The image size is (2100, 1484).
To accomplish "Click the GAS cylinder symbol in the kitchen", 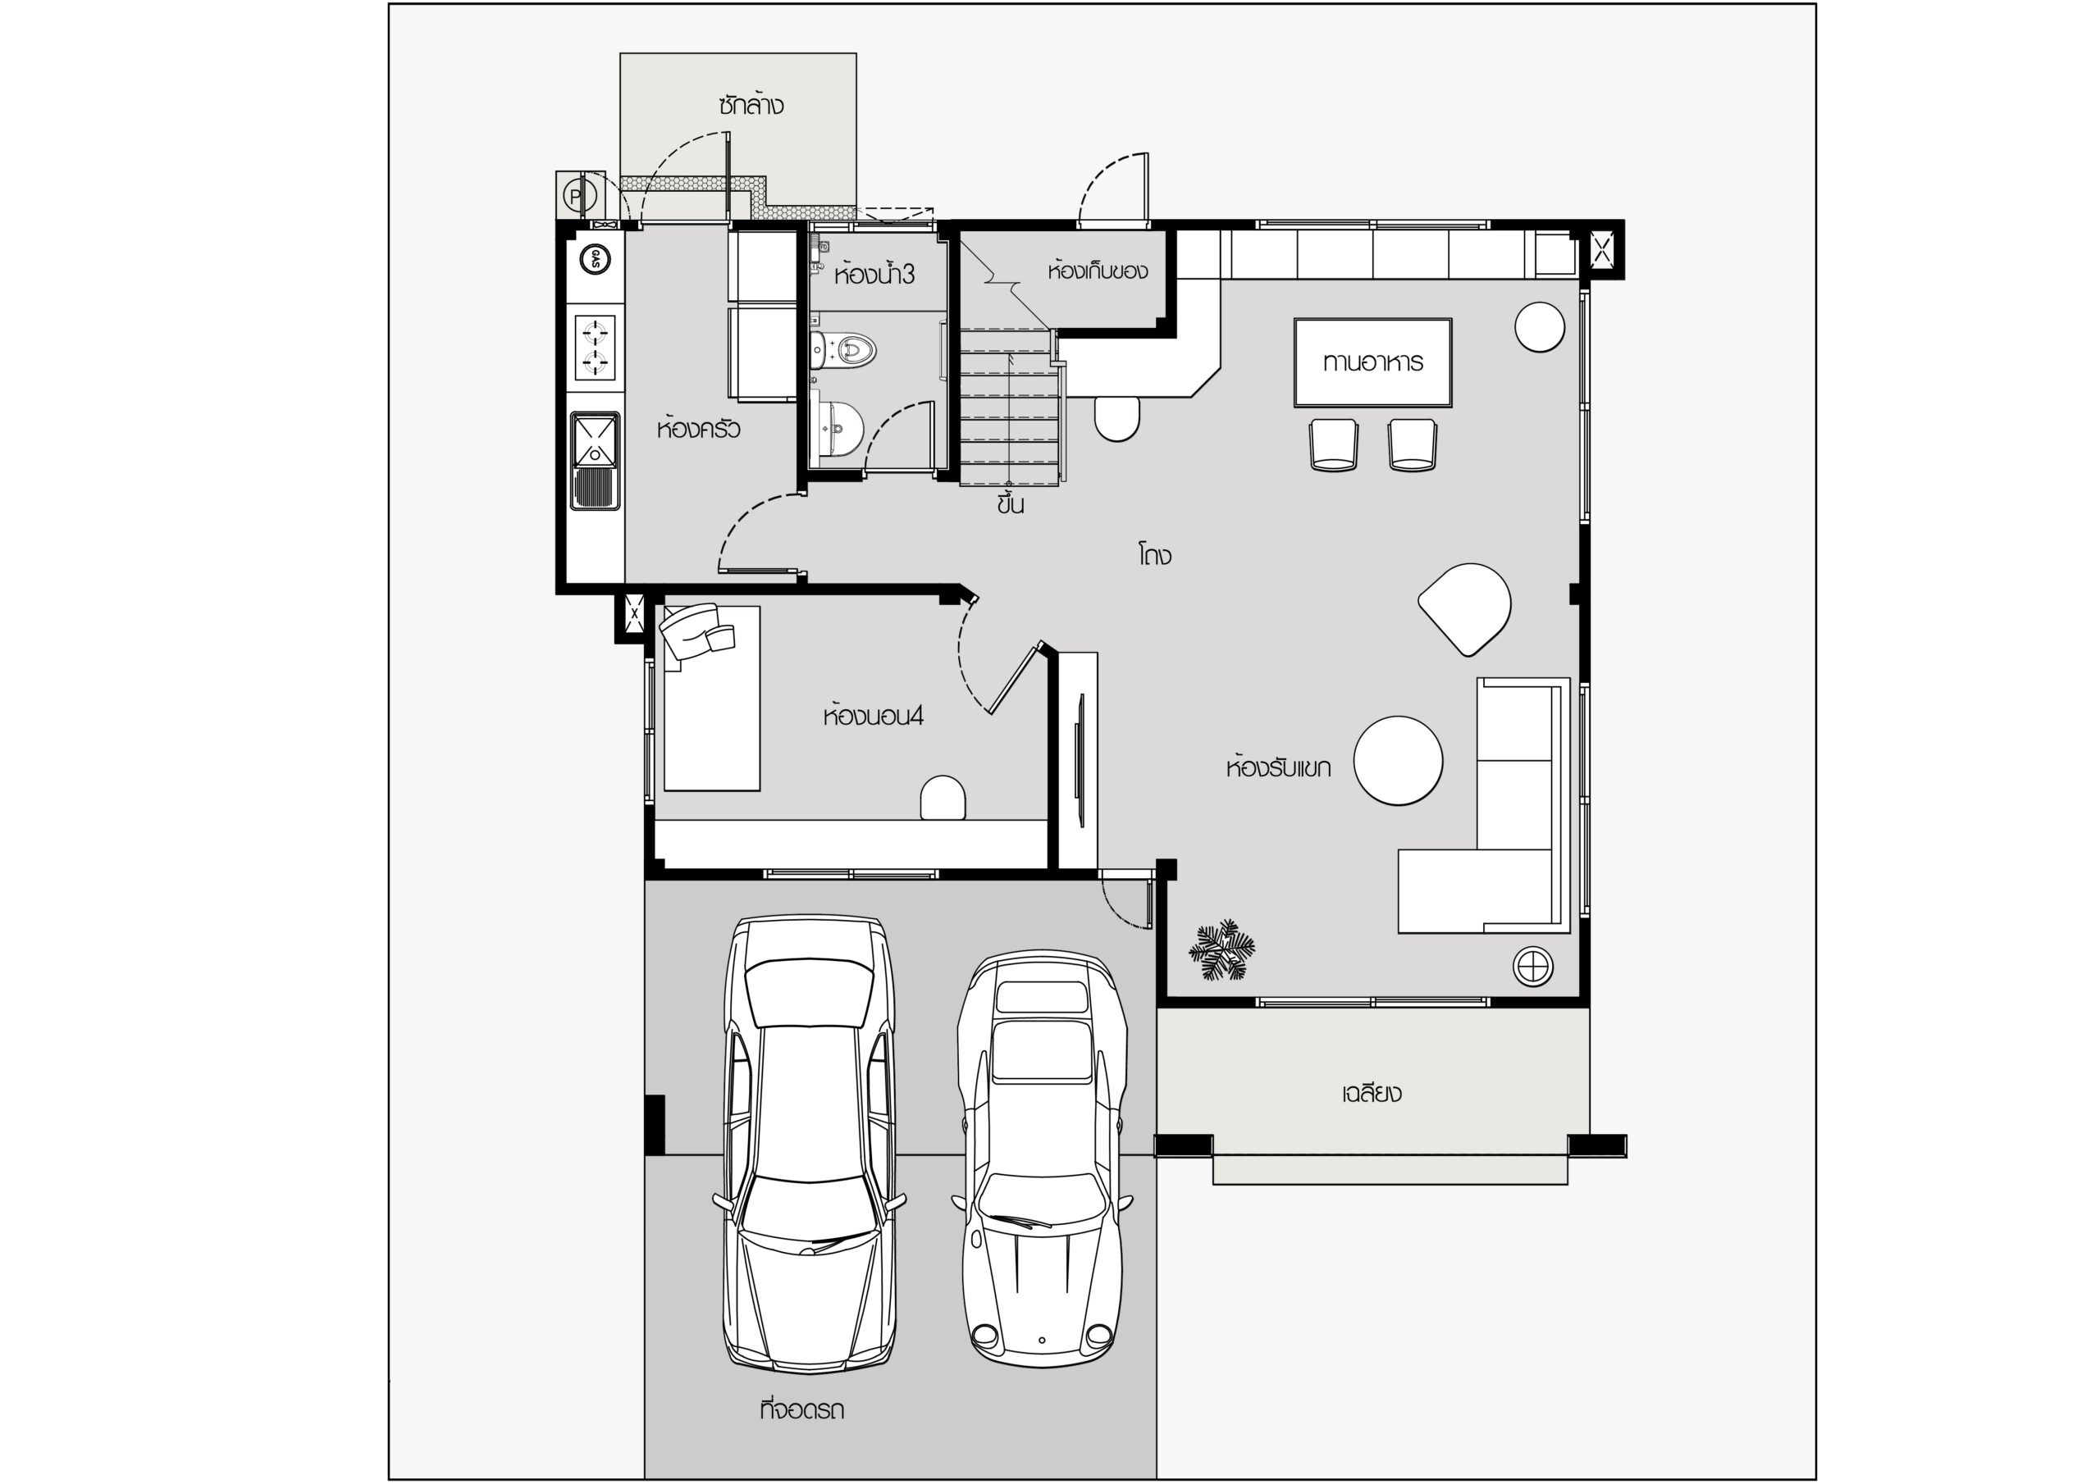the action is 596,259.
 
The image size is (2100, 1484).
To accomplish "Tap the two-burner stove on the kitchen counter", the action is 595,347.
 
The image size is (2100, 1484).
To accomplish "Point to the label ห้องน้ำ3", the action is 874,275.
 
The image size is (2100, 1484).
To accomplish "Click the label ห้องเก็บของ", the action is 1098,271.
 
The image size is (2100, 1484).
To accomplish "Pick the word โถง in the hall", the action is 1155,555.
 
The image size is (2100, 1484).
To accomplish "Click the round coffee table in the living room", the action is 1399,761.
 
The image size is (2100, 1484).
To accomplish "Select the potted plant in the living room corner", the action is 1222,952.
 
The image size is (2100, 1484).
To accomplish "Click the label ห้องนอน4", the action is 874,715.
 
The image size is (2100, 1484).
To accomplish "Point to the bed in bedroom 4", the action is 711,698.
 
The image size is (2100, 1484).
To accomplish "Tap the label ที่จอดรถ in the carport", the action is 802,1410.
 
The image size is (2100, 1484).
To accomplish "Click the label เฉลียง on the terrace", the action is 1372,1094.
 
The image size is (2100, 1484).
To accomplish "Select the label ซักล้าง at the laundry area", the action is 751,105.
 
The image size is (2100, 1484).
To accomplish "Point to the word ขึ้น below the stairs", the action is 1011,503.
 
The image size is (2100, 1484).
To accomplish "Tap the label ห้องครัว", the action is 699,429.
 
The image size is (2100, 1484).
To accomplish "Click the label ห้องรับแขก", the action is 1279,767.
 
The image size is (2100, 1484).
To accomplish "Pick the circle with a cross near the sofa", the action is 1533,966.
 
